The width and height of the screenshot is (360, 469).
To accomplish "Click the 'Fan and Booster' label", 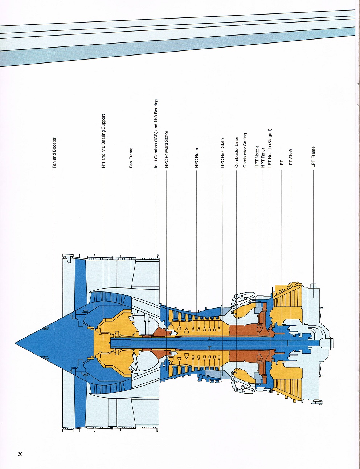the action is click(54, 153).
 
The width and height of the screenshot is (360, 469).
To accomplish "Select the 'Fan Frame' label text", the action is click(131, 158).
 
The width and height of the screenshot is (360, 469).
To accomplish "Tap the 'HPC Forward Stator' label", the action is click(166, 149).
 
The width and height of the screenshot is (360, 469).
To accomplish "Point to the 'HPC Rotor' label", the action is click(196, 158).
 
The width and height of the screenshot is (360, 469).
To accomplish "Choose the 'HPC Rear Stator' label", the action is click(222, 152).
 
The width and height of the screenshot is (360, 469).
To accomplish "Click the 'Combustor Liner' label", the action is click(236, 152).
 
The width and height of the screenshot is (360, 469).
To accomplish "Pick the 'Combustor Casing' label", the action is click(245, 150).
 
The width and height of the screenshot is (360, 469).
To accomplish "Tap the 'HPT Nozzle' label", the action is click(257, 156).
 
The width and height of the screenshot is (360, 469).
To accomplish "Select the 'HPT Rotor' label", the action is click(263, 158).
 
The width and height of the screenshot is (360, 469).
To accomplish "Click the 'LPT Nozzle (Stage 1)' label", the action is click(270, 148).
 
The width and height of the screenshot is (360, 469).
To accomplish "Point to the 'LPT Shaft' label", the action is click(291, 158).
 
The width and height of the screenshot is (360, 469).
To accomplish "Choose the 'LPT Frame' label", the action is click(314, 157).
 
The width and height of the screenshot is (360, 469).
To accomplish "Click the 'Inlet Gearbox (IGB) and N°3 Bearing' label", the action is click(156, 134).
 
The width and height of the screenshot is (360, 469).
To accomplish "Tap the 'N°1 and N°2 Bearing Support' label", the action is click(103, 141).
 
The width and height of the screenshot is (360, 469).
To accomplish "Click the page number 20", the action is click(20, 454).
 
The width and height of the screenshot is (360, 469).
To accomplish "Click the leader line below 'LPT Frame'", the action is click(314, 234).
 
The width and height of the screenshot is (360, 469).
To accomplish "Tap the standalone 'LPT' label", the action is click(282, 164).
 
